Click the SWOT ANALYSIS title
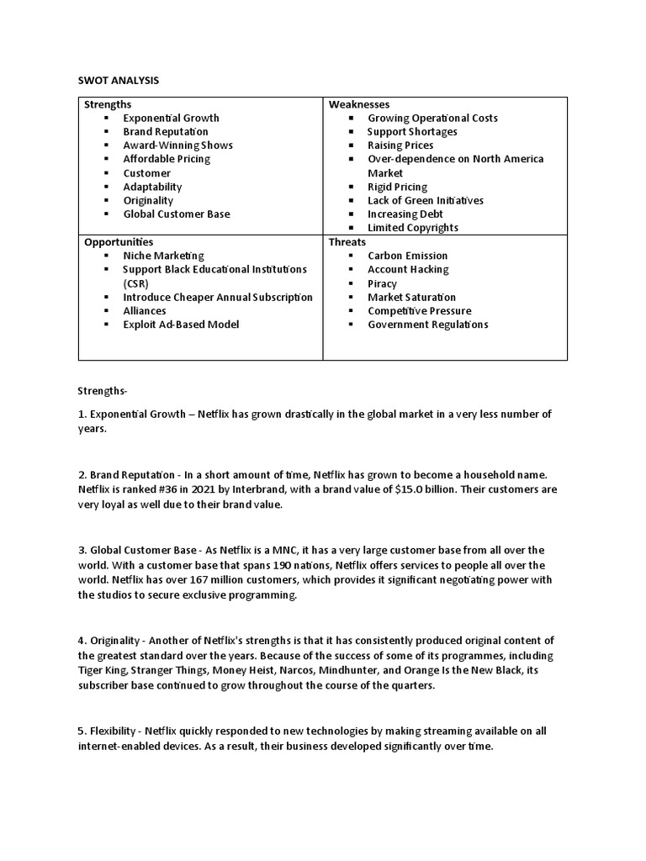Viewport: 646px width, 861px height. coord(119,80)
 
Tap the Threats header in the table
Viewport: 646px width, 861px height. coord(347,241)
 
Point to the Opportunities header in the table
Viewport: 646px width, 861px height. coord(119,241)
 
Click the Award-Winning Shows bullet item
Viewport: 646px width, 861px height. coord(177,145)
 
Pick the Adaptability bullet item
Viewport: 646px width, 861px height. coord(152,187)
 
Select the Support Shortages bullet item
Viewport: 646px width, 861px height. coord(412,132)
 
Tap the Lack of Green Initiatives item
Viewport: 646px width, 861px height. coord(426,200)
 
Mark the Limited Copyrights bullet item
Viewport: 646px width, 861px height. coord(413,228)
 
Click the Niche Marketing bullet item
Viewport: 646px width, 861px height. coord(163,256)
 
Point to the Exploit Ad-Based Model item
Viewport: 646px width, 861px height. coord(181,325)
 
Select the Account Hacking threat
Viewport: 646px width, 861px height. coord(408,269)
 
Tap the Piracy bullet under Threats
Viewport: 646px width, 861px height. coord(382,283)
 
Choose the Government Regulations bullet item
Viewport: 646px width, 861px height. coord(427,325)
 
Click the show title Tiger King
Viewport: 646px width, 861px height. coord(103,669)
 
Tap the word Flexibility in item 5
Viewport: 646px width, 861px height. coord(114,731)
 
